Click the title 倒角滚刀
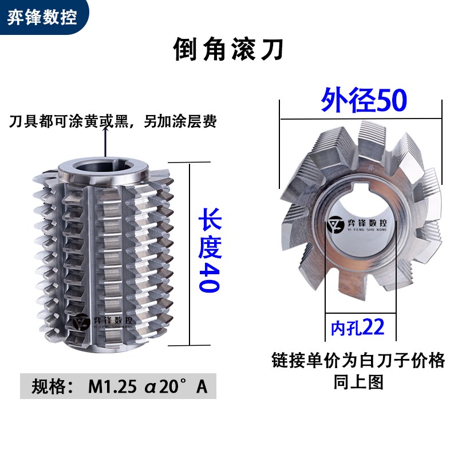click(228, 50)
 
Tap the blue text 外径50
click(363, 100)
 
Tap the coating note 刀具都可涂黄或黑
click(112, 121)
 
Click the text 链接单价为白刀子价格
click(357, 361)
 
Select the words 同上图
click(358, 382)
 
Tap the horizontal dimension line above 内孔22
click(354, 313)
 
